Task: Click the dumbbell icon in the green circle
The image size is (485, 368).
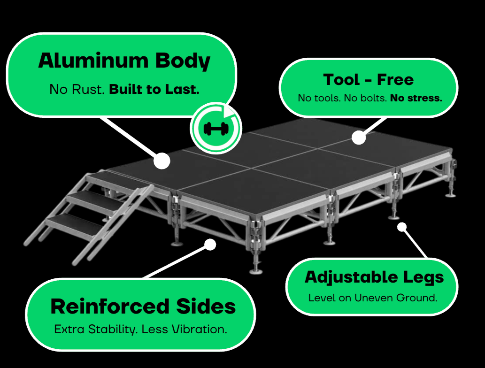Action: (x=215, y=128)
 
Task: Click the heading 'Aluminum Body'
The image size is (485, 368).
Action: (x=124, y=61)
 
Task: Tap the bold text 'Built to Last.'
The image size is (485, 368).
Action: (x=154, y=89)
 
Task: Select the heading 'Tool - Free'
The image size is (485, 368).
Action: (x=369, y=79)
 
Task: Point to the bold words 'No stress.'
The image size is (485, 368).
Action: (x=416, y=99)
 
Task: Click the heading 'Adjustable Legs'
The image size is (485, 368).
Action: (x=374, y=277)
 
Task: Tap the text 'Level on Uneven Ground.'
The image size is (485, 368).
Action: (x=373, y=298)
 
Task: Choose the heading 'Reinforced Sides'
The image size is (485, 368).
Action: (x=143, y=307)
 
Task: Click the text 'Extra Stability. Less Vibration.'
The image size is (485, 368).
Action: (x=141, y=329)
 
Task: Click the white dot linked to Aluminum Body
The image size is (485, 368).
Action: (x=162, y=161)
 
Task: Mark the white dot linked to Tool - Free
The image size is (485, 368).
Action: (x=359, y=138)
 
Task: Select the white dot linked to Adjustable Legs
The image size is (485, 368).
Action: (x=402, y=227)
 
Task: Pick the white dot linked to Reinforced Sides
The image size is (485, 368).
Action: (x=211, y=244)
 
